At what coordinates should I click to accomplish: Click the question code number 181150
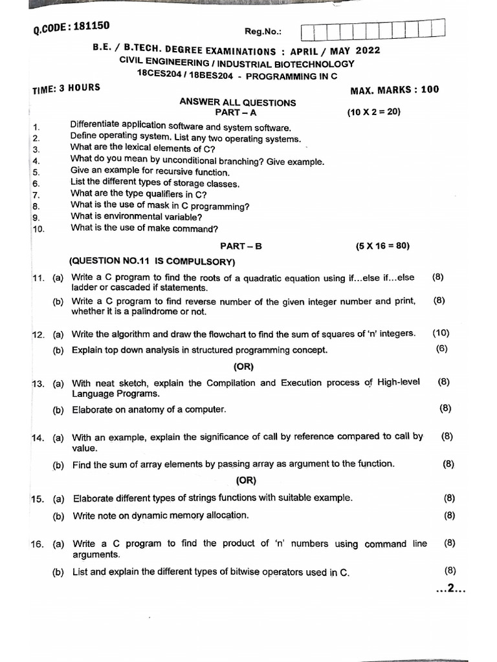point(92,27)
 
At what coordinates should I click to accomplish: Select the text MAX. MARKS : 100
point(394,90)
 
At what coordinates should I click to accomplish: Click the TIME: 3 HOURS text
point(66,89)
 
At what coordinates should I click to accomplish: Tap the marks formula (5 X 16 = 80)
point(382,246)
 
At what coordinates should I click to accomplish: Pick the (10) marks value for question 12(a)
point(441,333)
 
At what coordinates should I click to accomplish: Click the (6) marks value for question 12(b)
point(442,349)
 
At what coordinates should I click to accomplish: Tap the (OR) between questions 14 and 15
point(247,480)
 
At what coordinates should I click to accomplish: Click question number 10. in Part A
point(38,229)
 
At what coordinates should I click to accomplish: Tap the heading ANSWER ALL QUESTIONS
point(237,102)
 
